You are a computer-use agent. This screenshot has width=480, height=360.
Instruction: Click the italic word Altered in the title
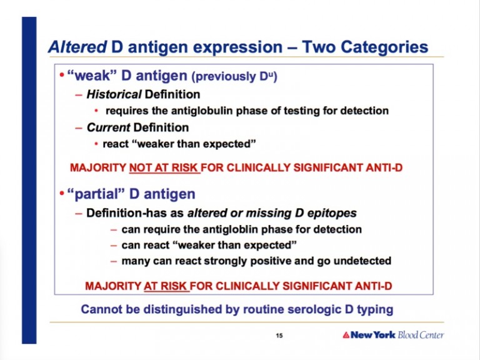tap(77, 47)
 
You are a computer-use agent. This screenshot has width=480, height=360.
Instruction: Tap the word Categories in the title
tap(384, 47)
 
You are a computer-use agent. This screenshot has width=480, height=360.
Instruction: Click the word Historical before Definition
tap(114, 94)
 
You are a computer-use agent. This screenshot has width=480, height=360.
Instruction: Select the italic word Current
tap(109, 127)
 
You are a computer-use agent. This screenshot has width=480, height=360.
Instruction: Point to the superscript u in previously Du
tap(271, 74)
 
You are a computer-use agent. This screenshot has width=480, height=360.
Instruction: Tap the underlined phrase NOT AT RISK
tap(164, 167)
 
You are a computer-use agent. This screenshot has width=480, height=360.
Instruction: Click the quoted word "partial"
tap(96, 194)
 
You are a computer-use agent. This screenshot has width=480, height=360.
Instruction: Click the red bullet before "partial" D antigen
tap(62, 194)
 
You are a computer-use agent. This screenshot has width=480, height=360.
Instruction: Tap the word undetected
tap(362, 261)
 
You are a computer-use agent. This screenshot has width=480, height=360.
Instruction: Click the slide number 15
tap(279, 336)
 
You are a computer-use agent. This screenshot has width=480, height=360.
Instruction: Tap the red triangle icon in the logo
tap(346, 335)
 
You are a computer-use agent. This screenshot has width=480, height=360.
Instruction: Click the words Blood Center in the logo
tap(421, 335)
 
